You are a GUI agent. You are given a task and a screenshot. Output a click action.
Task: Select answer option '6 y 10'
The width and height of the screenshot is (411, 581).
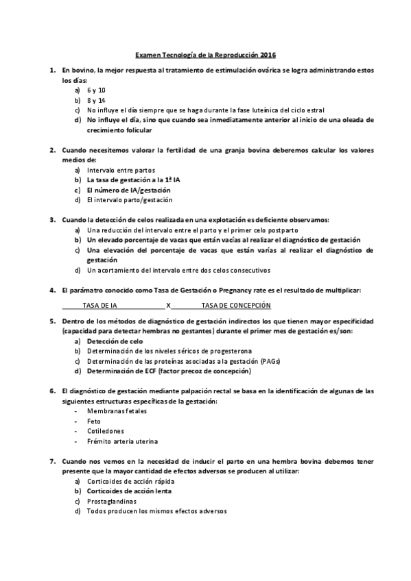96,90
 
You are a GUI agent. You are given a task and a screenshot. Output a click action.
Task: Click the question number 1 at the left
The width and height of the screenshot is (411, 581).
53,71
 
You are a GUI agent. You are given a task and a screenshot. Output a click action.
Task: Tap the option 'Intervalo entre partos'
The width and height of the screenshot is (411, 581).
121,170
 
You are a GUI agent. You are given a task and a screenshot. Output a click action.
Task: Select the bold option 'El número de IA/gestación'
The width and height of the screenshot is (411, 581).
128,190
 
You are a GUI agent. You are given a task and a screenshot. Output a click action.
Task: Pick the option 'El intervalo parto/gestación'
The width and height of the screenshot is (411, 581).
130,199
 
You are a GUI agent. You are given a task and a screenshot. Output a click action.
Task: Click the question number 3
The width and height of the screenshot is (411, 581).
53,220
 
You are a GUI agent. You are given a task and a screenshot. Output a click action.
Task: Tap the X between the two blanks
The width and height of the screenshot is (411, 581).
169,305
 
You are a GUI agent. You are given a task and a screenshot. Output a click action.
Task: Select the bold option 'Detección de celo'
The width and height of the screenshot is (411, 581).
115,341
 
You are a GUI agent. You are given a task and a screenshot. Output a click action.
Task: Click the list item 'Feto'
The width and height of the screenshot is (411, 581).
94,421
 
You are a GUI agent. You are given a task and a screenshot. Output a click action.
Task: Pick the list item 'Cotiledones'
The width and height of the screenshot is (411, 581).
106,431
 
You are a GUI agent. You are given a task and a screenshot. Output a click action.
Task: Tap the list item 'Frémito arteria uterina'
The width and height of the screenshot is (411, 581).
122,441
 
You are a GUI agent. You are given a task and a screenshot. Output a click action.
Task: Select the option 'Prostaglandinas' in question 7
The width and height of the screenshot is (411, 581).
111,501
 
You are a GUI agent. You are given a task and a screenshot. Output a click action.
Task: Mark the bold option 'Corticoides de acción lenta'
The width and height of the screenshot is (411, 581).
129,491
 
